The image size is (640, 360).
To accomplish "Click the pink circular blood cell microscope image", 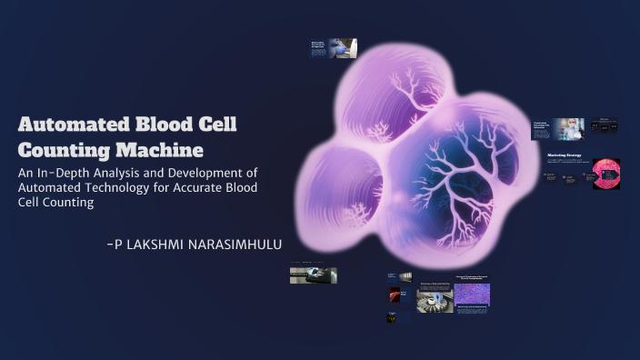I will [x=605, y=173].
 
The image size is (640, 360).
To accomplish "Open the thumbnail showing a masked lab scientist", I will [x=571, y=129].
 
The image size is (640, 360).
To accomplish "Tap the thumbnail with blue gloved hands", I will [x=343, y=48].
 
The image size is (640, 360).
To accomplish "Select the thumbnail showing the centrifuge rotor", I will [x=435, y=301].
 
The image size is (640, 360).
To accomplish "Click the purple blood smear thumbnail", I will [x=472, y=294].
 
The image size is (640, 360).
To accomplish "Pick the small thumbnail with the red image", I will [x=395, y=295].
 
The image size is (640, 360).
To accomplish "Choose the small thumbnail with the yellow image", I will [x=392, y=318].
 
